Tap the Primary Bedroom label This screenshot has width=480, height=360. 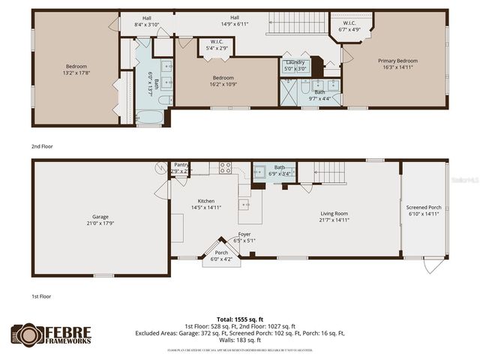[397, 61]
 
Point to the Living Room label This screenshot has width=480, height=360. [333, 213]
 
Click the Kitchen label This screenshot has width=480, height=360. [205, 201]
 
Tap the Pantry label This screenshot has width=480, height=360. [181, 164]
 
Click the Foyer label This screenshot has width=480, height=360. [244, 234]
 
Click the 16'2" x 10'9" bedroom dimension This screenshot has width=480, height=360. [223, 84]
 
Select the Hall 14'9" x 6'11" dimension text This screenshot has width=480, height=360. [235, 25]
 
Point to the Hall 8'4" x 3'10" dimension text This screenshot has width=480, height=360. [147, 25]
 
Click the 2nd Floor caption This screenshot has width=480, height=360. [43, 147]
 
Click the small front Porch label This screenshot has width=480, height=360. [222, 252]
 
